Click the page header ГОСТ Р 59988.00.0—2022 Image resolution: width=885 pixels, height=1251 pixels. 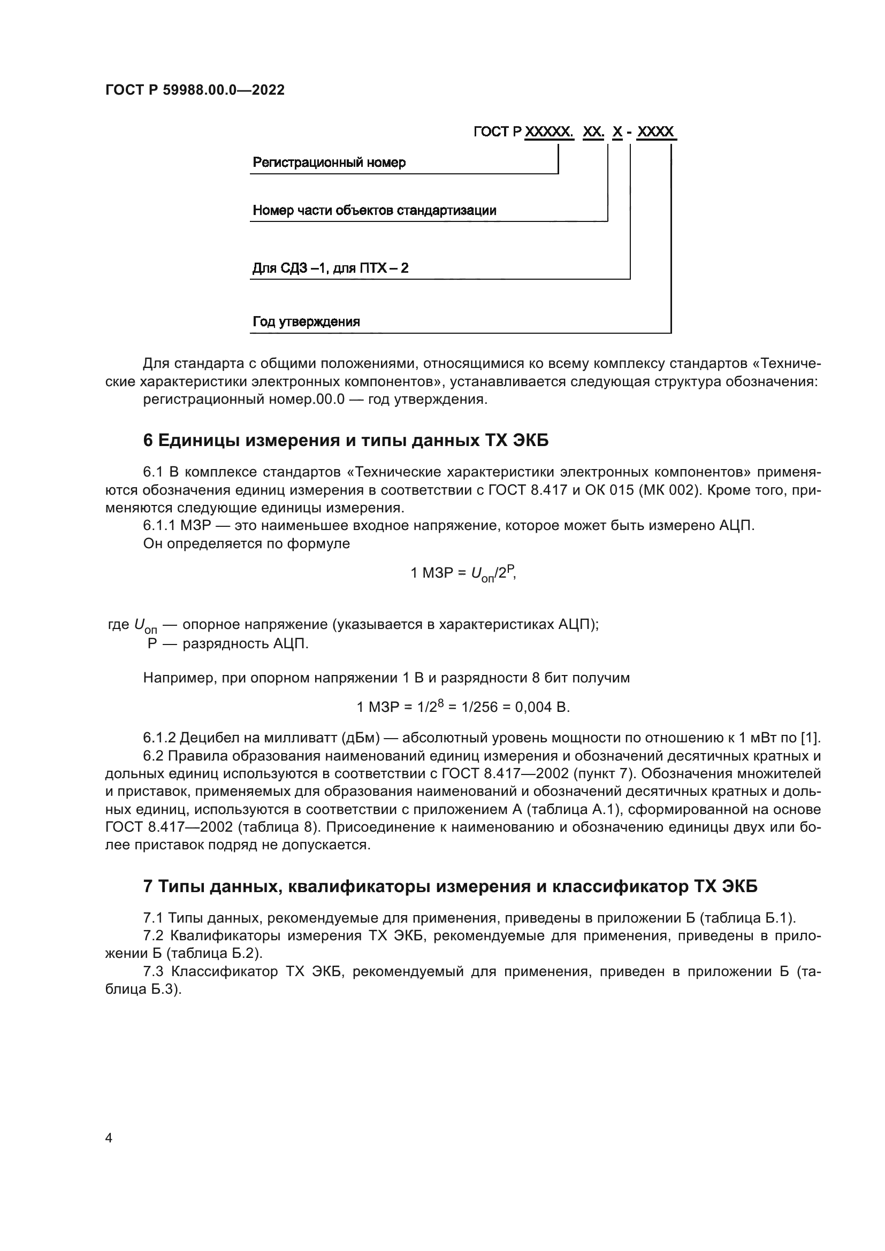pos(195,90)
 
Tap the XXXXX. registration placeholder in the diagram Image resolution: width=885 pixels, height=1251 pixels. pos(549,132)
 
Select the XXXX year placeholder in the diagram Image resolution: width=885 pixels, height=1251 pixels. pos(655,132)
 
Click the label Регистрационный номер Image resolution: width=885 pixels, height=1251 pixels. pos(329,163)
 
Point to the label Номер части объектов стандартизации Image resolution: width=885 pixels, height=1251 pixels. pos(375,210)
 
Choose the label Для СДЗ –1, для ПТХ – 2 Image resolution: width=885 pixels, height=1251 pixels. pos(330,268)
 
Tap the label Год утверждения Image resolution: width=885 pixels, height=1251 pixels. pos(306,321)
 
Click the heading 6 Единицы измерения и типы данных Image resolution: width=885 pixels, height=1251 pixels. pos(346,441)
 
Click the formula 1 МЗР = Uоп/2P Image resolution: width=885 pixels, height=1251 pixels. pos(463,573)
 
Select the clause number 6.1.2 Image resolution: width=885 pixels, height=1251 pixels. pos(159,738)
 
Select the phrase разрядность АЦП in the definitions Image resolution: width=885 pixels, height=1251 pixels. pos(245,644)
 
